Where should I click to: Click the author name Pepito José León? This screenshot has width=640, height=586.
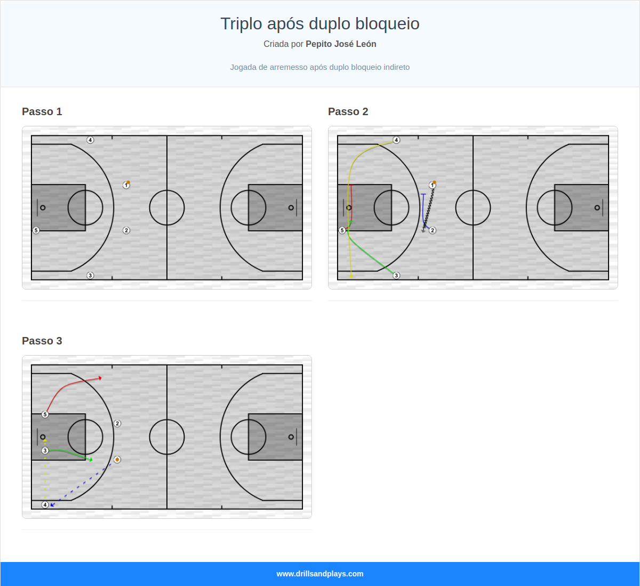(341, 44)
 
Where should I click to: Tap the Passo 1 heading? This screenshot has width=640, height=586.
(42, 111)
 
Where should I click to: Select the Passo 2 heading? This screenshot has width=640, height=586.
(348, 111)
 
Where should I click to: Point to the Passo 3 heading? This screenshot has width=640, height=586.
(42, 341)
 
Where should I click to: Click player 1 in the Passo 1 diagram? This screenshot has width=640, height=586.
(126, 185)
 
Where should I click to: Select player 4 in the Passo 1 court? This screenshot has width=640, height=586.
(90, 140)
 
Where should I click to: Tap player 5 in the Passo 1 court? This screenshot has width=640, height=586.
(36, 230)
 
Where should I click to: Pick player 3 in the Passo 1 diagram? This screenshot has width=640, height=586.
(90, 276)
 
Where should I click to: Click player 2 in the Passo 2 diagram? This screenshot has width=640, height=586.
(433, 230)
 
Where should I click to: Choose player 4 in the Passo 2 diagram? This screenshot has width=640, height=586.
(396, 140)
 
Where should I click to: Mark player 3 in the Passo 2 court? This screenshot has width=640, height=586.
(396, 276)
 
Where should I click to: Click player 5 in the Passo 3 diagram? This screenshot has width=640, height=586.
(45, 414)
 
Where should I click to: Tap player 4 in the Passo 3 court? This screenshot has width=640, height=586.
(45, 505)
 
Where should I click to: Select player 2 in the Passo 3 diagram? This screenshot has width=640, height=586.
(117, 423)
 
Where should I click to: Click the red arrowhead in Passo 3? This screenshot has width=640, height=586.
(100, 378)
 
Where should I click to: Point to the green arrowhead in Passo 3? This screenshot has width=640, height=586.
(91, 460)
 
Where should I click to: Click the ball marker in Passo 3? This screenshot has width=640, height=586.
(117, 460)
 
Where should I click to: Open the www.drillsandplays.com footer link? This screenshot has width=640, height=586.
(320, 574)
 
